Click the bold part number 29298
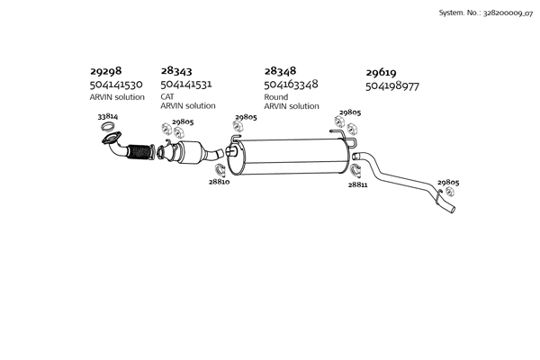[x=105, y=70]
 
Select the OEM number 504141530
[x=116, y=84]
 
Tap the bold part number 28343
[x=176, y=70]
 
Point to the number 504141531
[x=186, y=84]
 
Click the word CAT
[x=167, y=96]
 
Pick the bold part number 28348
[x=280, y=70]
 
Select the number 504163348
[x=291, y=84]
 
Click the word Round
[x=276, y=97]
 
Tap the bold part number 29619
[x=381, y=72]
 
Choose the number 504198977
[x=392, y=85]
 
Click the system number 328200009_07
[x=508, y=13]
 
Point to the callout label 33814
[x=108, y=116]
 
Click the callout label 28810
[x=219, y=182]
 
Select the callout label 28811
[x=357, y=184]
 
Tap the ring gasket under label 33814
[x=107, y=126]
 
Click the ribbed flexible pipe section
[x=139, y=151]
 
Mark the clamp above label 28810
[x=220, y=170]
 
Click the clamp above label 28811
[x=355, y=171]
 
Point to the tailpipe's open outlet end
[x=452, y=209]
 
